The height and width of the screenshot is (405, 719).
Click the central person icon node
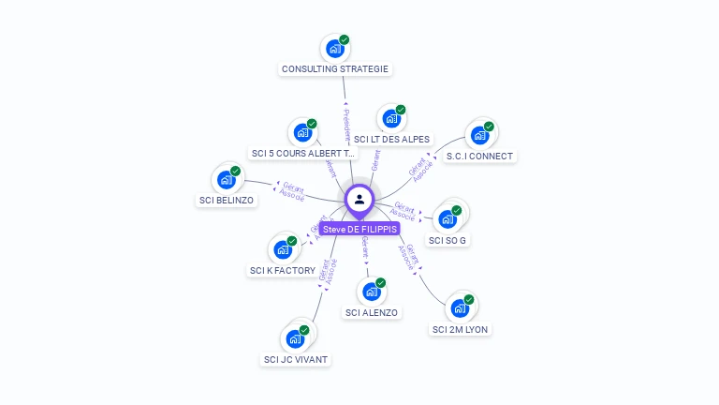pyautogui.click(x=359, y=200)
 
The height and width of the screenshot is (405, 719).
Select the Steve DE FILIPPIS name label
pyautogui.click(x=359, y=229)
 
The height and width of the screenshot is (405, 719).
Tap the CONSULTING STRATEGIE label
pyautogui.click(x=335, y=68)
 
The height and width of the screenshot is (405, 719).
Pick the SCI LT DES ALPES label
pyautogui.click(x=392, y=140)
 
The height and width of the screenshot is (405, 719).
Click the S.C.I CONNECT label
pyautogui.click(x=479, y=156)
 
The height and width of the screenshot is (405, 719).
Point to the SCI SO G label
pyautogui.click(x=448, y=240)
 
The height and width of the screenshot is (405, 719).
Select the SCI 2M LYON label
pyautogui.click(x=460, y=329)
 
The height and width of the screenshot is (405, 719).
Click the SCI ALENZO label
pyautogui.click(x=371, y=312)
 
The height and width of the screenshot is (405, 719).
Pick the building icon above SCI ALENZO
pyautogui.click(x=371, y=292)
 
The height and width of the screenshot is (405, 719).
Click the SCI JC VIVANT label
pyautogui.click(x=297, y=359)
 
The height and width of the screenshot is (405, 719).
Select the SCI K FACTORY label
pyautogui.click(x=282, y=270)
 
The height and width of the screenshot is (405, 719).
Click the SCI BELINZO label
pyautogui.click(x=226, y=200)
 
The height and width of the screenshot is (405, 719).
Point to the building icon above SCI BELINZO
pyautogui.click(x=226, y=180)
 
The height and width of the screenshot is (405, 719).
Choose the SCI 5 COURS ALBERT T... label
pyautogui.click(x=303, y=153)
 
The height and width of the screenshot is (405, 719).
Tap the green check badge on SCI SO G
pyautogui.click(x=457, y=210)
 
